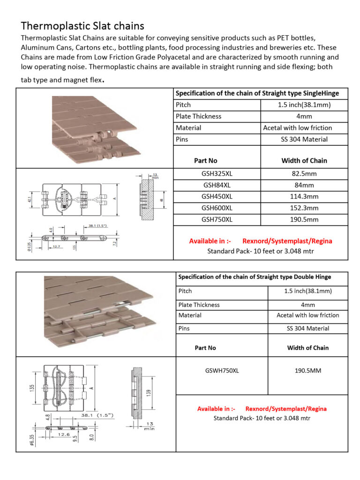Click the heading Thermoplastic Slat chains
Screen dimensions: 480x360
coord(82,25)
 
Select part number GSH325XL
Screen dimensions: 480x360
coord(217,174)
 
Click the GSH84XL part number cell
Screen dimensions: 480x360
coord(217,185)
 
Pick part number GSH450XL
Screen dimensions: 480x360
coord(217,196)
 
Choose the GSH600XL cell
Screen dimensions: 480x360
coord(217,208)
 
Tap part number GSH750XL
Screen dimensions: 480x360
coord(217,219)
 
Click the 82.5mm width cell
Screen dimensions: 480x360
coord(304,174)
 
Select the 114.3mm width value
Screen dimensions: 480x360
coord(304,196)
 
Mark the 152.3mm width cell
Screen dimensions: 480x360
coord(304,208)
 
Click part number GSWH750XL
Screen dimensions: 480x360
coord(222,371)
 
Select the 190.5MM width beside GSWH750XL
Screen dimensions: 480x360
coord(307,371)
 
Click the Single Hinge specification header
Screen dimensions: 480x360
coord(257,93)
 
